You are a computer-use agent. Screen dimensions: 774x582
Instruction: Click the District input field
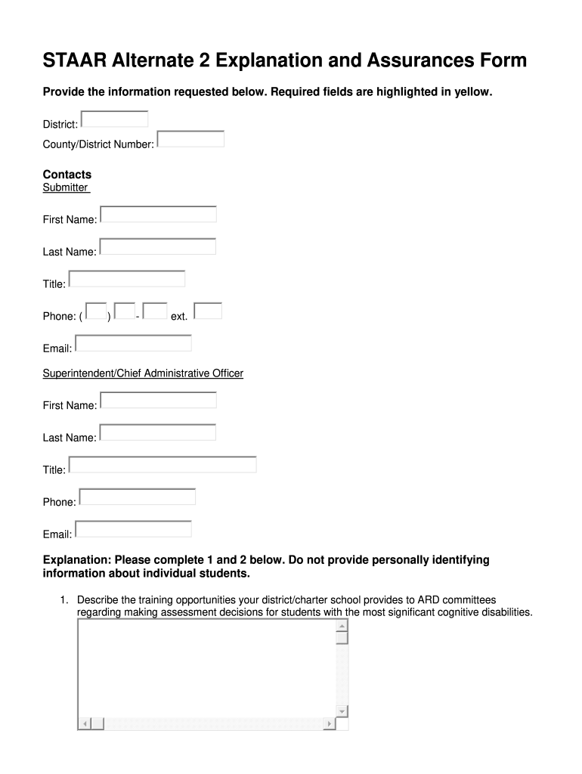pyautogui.click(x=114, y=119)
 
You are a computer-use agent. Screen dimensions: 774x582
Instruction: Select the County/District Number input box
pyautogui.click(x=190, y=139)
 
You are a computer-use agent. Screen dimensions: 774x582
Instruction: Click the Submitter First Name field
pyautogui.click(x=158, y=215)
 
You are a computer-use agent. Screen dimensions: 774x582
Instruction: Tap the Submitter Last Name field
pyautogui.click(x=158, y=246)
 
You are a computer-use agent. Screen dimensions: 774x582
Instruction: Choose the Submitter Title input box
pyautogui.click(x=126, y=279)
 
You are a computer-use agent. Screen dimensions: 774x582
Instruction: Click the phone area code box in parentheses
pyautogui.click(x=96, y=311)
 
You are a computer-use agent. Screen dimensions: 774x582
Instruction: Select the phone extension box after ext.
pyautogui.click(x=208, y=311)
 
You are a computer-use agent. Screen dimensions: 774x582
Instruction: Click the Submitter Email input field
pyautogui.click(x=133, y=343)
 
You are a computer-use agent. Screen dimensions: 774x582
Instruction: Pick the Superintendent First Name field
pyautogui.click(x=158, y=400)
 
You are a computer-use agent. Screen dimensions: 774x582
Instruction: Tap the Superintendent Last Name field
pyautogui.click(x=158, y=432)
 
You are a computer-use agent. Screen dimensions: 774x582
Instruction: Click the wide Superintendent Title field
pyautogui.click(x=163, y=464)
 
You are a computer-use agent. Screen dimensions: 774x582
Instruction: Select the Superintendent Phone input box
pyautogui.click(x=137, y=497)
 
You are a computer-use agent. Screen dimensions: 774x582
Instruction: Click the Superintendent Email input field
pyautogui.click(x=133, y=529)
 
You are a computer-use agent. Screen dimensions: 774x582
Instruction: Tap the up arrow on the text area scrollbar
pyautogui.click(x=342, y=627)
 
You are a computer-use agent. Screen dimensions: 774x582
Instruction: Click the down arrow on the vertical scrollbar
pyautogui.click(x=342, y=711)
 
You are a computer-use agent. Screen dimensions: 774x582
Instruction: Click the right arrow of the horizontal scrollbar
pyautogui.click(x=329, y=724)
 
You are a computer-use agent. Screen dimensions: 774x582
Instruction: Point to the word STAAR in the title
pyautogui.click(x=73, y=60)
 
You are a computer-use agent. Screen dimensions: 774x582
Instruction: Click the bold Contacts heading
pyautogui.click(x=67, y=175)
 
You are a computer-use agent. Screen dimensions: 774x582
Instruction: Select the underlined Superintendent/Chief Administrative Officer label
pyautogui.click(x=143, y=373)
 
